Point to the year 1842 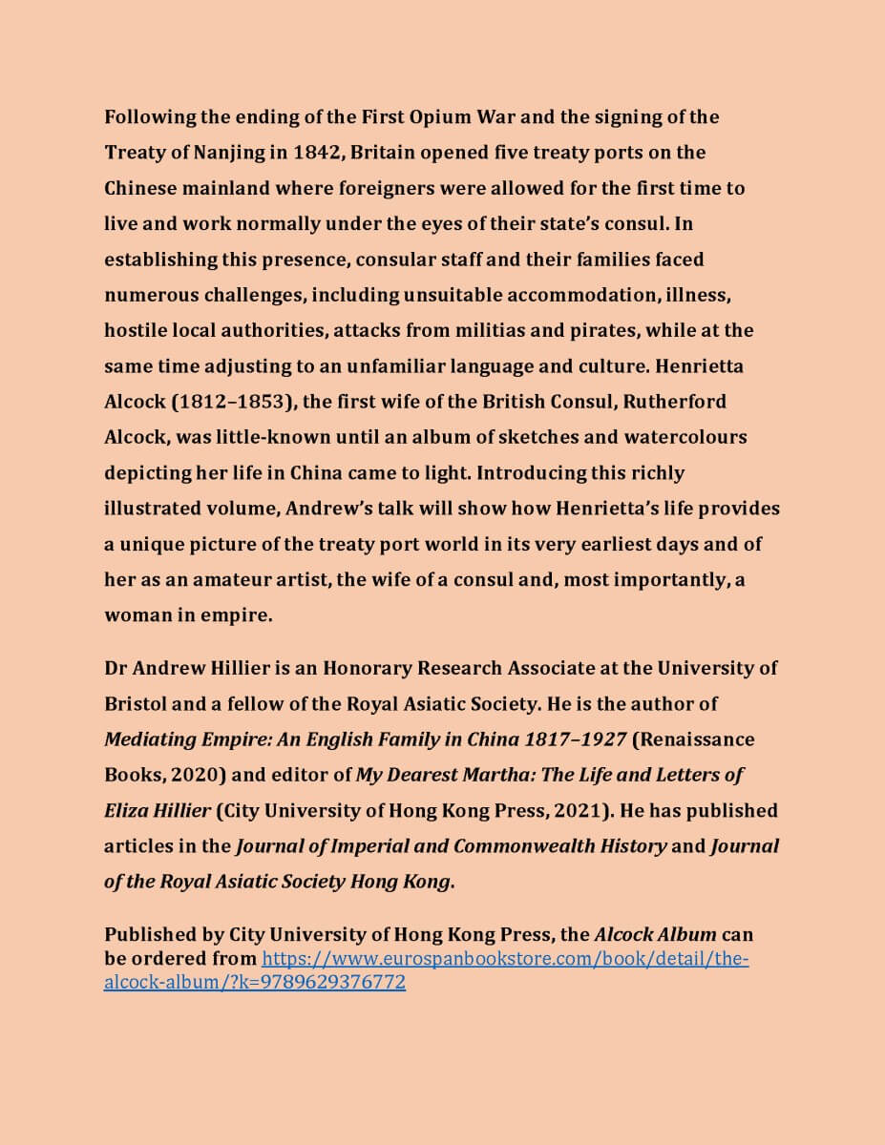coord(316,153)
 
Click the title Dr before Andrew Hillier coord(116,668)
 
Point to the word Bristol coord(136,703)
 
